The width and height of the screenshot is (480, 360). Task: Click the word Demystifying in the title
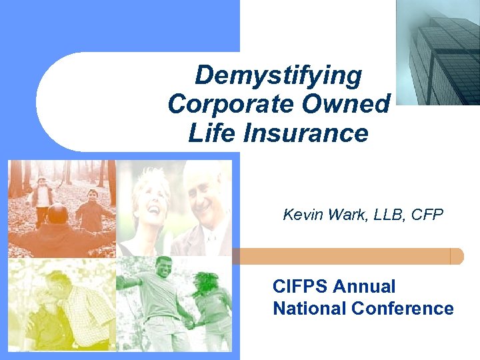[278, 75]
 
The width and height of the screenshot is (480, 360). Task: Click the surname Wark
[341, 215]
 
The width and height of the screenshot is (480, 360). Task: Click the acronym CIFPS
[301, 287]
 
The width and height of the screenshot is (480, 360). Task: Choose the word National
[309, 309]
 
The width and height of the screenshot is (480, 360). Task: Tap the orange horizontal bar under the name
[347, 257]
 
